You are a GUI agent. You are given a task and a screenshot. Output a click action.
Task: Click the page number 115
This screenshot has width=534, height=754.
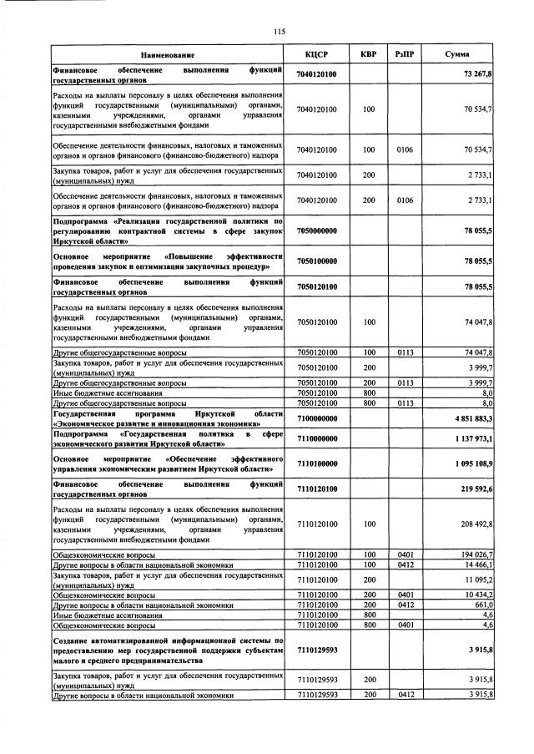(x=280, y=32)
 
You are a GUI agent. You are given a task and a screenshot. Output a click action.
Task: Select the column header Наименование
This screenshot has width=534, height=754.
(x=168, y=54)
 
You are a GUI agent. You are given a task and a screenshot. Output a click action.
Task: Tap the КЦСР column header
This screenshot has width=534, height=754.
(x=316, y=54)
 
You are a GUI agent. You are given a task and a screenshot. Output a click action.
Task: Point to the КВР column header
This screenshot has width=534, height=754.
(x=368, y=54)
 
